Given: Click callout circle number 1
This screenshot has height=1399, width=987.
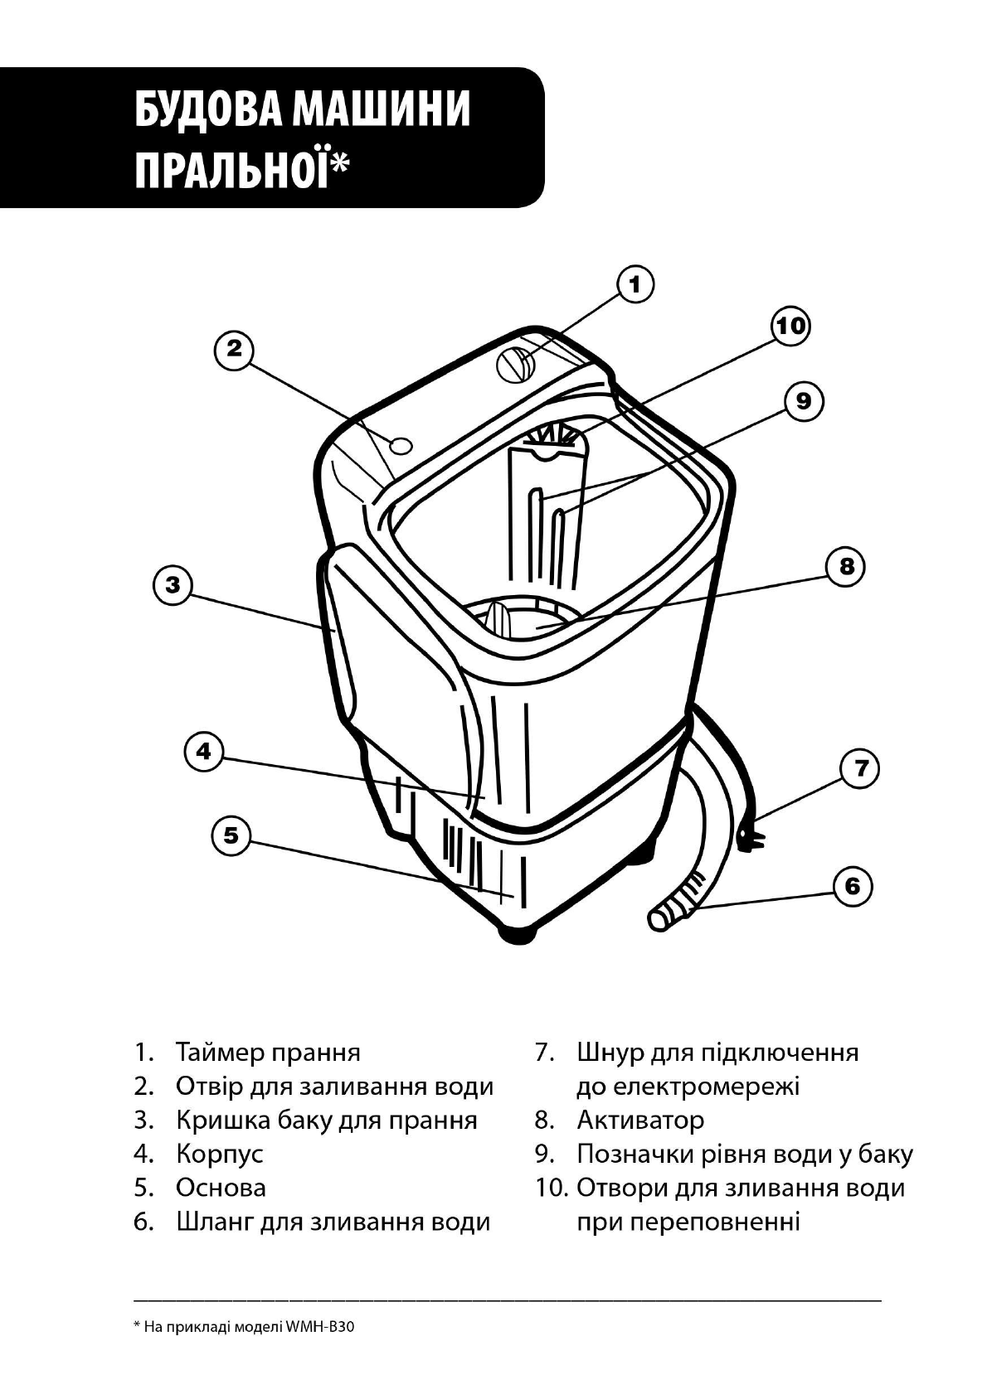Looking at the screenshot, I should tap(635, 284).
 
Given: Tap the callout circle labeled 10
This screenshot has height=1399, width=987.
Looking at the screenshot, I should tap(790, 325).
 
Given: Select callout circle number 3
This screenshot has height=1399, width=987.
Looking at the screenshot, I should tap(173, 585).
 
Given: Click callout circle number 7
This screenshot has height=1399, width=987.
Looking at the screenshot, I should tap(861, 768).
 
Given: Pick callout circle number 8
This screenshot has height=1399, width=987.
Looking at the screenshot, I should tap(846, 566).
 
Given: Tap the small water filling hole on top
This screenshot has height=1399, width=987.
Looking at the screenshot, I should tap(401, 445).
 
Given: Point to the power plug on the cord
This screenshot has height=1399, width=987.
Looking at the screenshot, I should tap(751, 837).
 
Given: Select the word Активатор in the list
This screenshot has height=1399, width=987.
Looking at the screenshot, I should tap(640, 1121).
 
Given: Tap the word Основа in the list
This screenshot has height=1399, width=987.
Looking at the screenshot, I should tap(221, 1188).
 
